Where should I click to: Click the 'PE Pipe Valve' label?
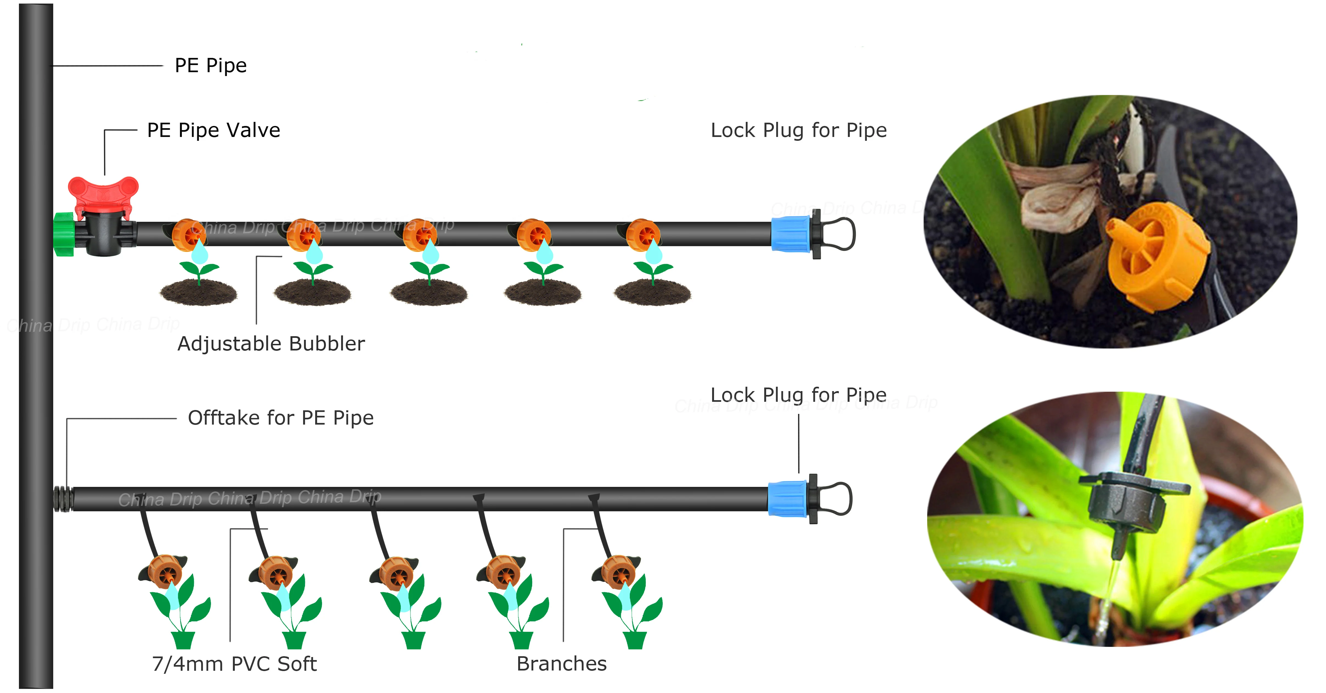(x=214, y=130)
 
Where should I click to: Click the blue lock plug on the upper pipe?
(x=791, y=234)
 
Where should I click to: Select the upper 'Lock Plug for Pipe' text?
(x=799, y=131)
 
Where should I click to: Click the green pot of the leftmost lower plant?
(x=183, y=640)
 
